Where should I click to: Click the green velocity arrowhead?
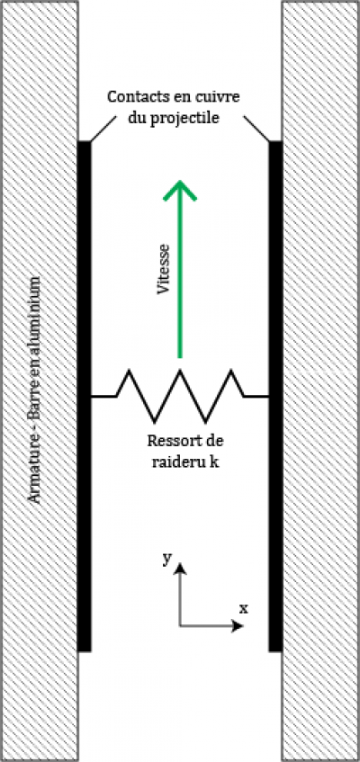[180, 190]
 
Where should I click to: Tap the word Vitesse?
[165, 269]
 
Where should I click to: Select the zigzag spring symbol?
[180, 396]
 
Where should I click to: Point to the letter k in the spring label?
[213, 462]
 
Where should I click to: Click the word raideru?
[178, 462]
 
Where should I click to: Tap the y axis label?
[166, 560]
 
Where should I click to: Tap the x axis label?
[243, 608]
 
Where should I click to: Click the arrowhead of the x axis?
[238, 626]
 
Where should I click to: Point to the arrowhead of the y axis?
[180, 568]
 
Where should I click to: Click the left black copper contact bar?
[85, 396]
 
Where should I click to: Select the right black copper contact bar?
[275, 396]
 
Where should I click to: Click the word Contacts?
[134, 96]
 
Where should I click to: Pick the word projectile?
[190, 119]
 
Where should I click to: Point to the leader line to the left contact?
[103, 129]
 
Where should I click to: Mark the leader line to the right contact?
[256, 129]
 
